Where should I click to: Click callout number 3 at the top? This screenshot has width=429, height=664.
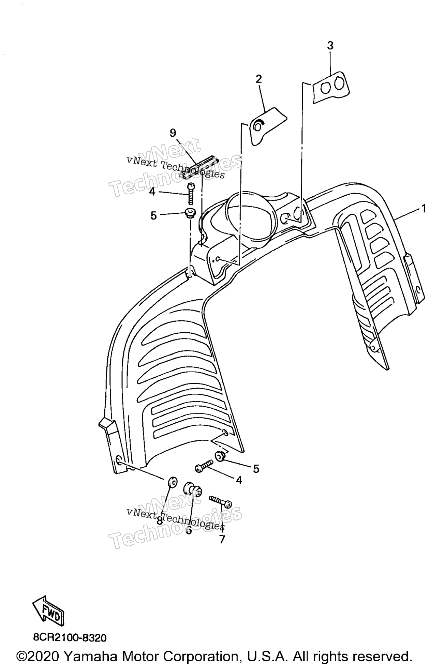tap(330, 46)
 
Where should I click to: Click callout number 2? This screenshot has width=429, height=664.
tap(259, 79)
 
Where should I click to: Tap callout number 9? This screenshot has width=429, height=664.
tap(173, 133)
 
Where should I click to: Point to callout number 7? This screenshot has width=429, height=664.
tap(222, 539)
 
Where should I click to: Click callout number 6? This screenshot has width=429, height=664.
tap(189, 530)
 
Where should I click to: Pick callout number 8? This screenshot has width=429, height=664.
tap(159, 521)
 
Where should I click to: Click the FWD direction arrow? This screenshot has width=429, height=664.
tap(48, 615)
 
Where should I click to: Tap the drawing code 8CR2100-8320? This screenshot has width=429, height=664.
tap(70, 637)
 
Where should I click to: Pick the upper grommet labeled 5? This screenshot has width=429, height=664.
tap(190, 213)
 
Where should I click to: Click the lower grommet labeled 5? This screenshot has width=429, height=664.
tap(219, 456)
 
